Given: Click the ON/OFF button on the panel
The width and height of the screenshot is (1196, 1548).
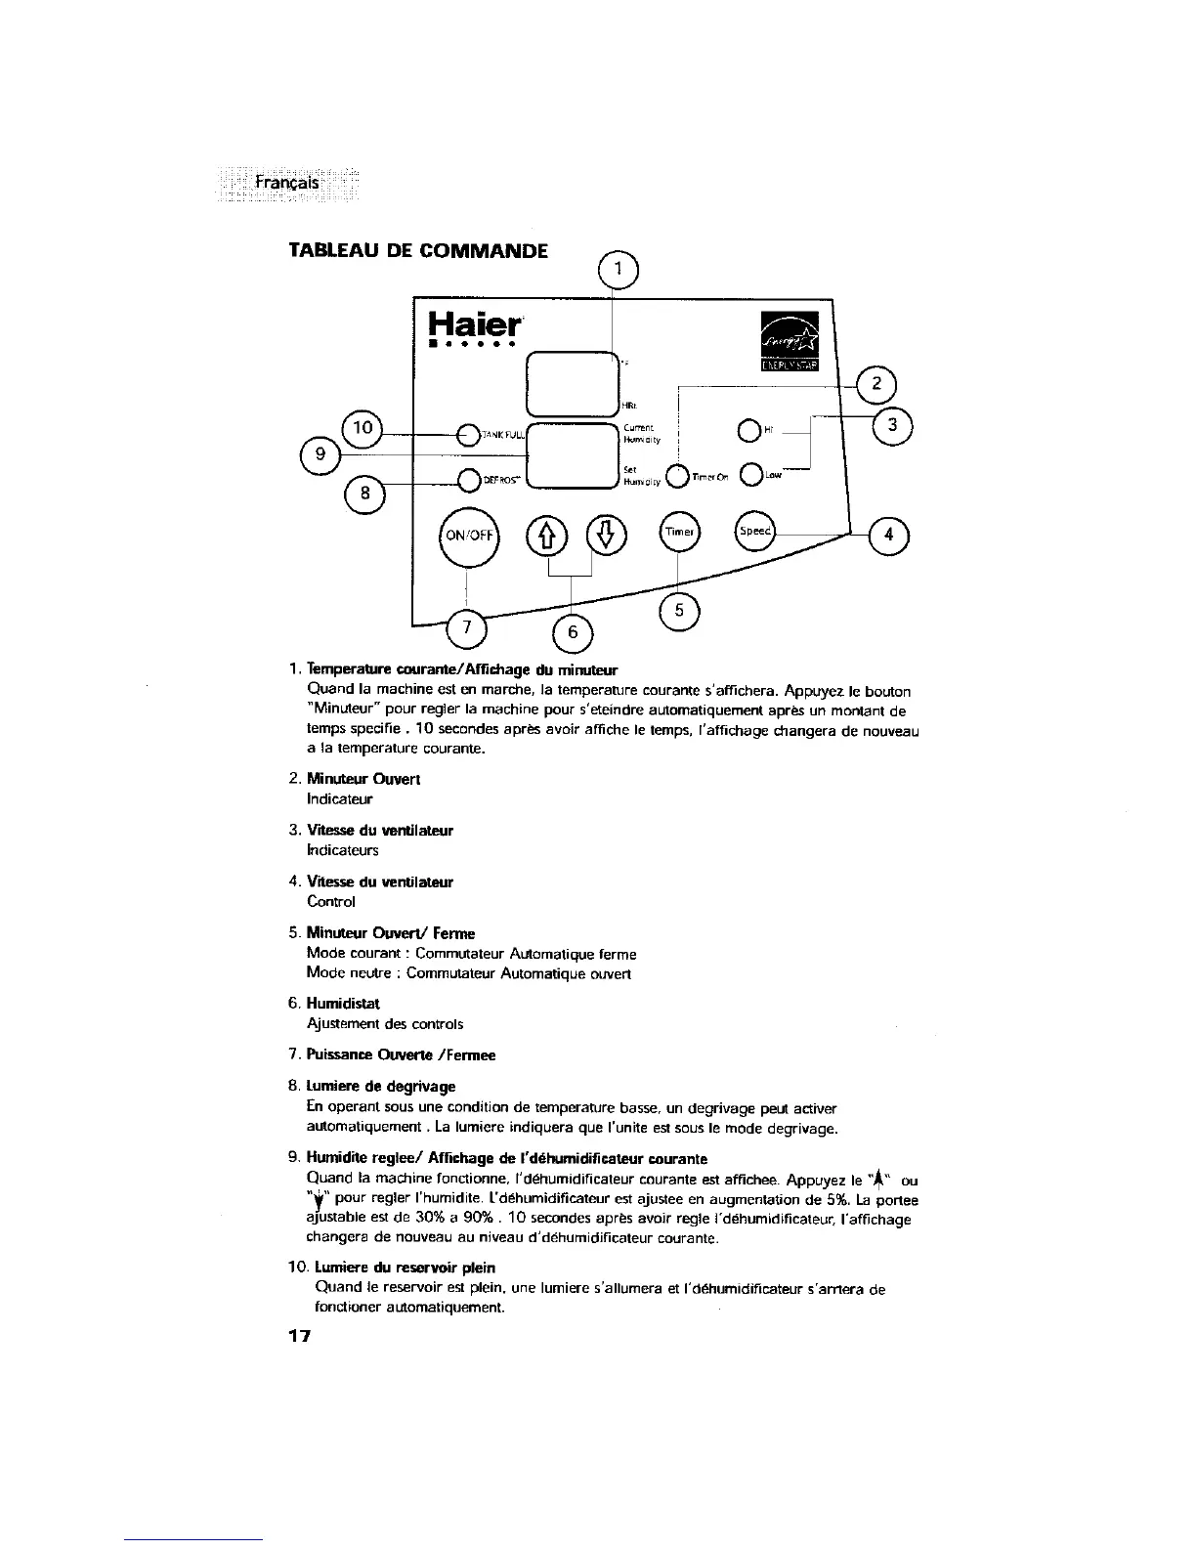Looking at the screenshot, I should click(469, 536).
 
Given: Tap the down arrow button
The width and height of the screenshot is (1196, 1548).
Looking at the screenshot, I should click(607, 534).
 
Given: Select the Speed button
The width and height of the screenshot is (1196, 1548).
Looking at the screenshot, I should click(754, 531).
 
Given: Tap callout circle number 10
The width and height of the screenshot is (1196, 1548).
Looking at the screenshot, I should click(363, 426).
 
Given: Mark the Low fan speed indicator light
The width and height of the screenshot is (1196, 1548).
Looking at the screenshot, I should click(750, 476).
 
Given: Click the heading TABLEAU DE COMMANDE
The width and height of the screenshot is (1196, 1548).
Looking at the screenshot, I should click(416, 249).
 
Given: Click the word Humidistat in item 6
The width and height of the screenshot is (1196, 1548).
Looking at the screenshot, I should click(342, 1004).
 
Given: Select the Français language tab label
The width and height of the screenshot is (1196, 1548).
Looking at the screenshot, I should click(285, 184).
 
